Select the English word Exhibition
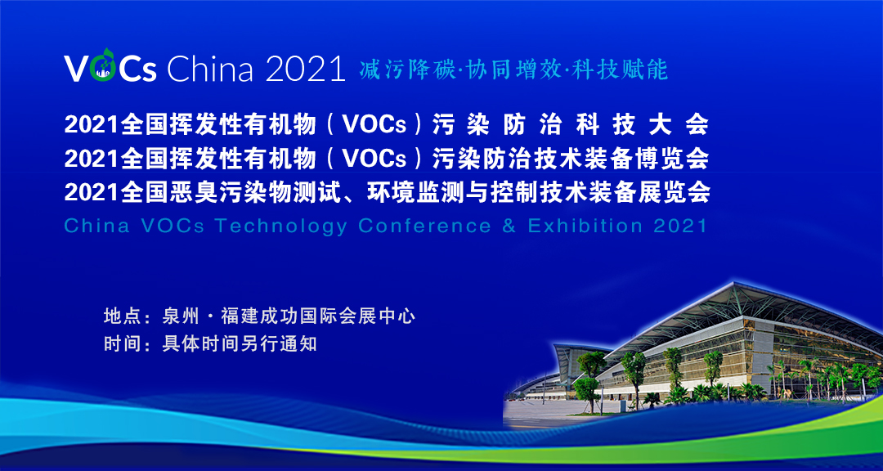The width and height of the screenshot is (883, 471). pos(585,226)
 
